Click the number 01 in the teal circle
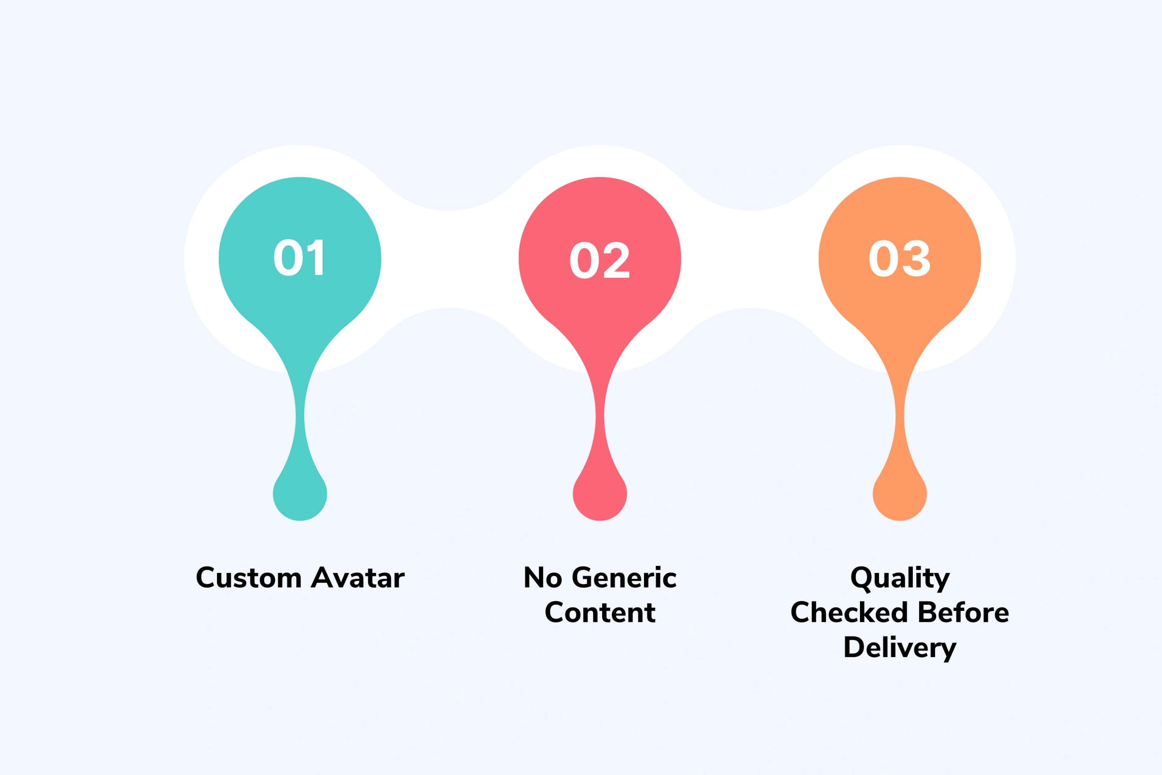(x=298, y=258)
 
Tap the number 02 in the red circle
(x=599, y=260)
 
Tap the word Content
(x=600, y=612)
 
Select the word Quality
(x=900, y=578)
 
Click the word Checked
(x=849, y=612)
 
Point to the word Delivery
(x=900, y=648)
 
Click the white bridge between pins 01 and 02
(x=449, y=259)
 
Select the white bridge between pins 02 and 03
(x=750, y=259)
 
